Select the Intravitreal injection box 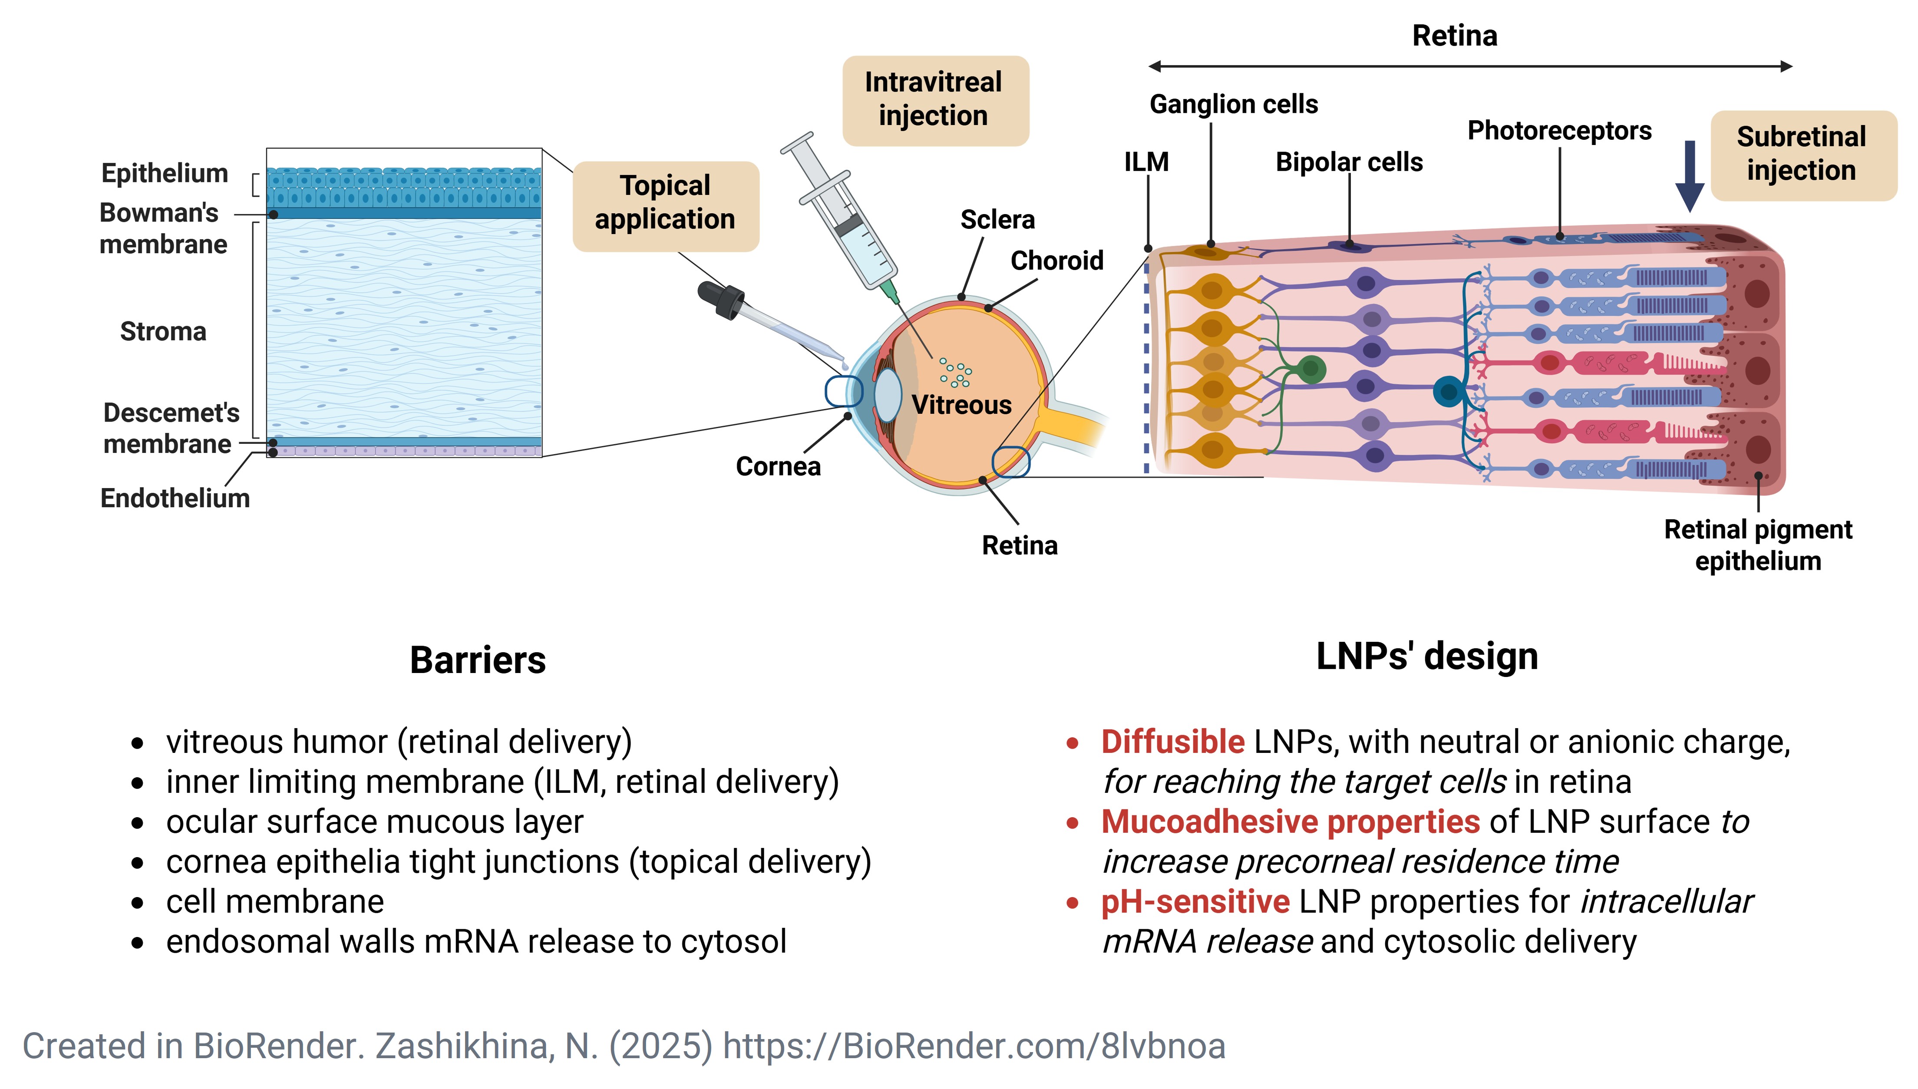pos(935,100)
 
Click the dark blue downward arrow pos(1689,177)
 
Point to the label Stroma pos(163,331)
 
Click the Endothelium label pos(175,498)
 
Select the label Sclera pos(997,220)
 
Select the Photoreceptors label pos(1559,131)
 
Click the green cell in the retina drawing pos(1311,369)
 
